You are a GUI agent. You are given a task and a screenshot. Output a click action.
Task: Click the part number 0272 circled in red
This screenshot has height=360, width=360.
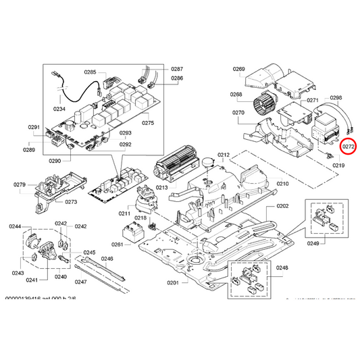click(349, 146)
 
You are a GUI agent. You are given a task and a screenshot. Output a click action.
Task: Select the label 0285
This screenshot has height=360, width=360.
click(91, 72)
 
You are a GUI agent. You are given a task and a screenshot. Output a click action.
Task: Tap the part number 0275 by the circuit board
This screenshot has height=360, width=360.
click(148, 123)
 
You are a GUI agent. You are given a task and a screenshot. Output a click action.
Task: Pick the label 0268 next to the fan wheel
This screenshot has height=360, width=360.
click(236, 95)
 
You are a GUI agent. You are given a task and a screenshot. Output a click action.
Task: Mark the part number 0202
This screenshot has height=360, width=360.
click(282, 205)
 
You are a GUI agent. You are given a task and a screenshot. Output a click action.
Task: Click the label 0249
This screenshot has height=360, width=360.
click(313, 242)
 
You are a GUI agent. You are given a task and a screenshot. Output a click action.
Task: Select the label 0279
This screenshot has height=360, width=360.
click(20, 184)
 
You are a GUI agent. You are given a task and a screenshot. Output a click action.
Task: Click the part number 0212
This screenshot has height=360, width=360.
click(224, 155)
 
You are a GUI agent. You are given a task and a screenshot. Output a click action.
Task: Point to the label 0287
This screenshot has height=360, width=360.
click(177, 70)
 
